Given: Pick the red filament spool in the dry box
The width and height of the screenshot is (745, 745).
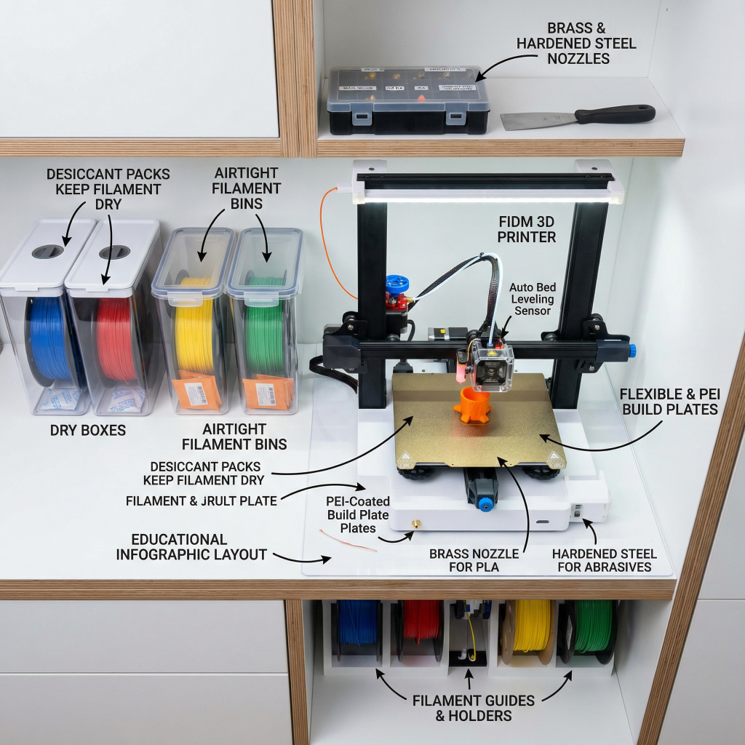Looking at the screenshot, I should [x=116, y=339].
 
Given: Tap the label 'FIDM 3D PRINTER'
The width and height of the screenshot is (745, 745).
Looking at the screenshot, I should [x=527, y=228].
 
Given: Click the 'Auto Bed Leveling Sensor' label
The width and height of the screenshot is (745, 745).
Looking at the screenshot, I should [x=532, y=299].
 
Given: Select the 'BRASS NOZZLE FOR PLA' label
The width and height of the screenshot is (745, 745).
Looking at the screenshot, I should [x=474, y=560].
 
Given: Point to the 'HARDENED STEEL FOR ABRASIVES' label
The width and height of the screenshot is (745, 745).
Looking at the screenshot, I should [x=604, y=560].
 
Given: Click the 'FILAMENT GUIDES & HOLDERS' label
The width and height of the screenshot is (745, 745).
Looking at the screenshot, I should [x=474, y=708].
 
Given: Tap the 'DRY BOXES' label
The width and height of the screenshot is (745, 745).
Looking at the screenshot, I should [x=88, y=430].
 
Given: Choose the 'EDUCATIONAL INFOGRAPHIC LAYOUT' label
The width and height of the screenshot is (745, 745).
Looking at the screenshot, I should [x=191, y=547].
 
